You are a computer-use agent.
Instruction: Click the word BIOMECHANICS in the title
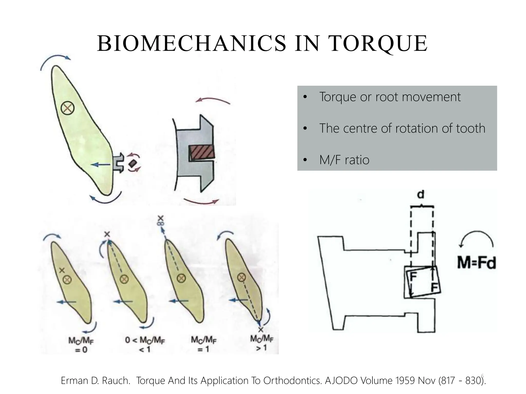point(192,44)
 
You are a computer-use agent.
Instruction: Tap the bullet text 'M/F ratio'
point(344,160)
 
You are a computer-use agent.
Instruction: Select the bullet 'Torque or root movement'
point(390,97)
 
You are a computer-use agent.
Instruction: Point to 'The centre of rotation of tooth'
point(402,128)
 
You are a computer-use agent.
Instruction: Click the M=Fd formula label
point(476,263)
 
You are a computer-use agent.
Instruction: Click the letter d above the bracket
point(421,194)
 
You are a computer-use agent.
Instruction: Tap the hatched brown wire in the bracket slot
point(202,153)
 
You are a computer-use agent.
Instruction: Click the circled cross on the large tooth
point(68,109)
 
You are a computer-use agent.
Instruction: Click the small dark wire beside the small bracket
point(132,163)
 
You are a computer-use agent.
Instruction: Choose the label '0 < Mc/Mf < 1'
point(145,344)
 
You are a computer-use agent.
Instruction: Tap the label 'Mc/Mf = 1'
point(204,344)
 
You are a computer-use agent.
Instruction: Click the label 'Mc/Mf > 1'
point(262,343)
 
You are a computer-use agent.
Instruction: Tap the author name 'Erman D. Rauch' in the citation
point(95,381)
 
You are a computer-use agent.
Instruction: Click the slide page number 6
point(482,376)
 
